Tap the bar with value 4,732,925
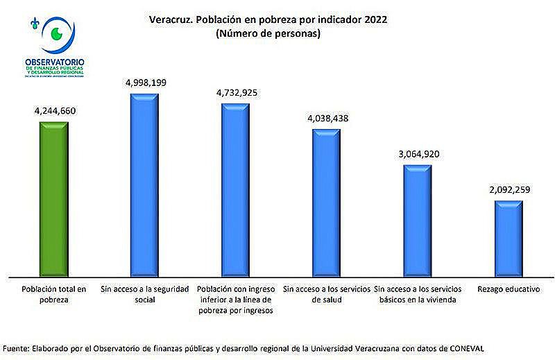(235, 189)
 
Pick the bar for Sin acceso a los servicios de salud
(327, 201)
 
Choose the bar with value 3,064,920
(418, 219)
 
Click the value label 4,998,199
(146, 82)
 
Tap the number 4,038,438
(327, 118)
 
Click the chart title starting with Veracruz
(268, 19)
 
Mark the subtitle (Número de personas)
(268, 34)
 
